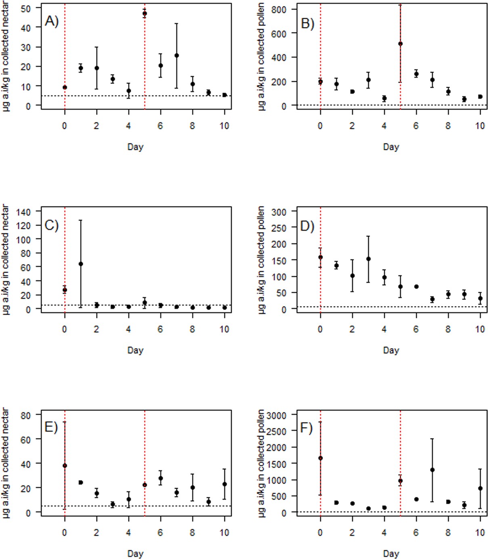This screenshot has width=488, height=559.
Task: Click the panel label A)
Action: click(x=52, y=21)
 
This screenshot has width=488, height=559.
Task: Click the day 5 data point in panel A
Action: click(x=145, y=13)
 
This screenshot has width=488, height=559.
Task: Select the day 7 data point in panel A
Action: click(x=176, y=56)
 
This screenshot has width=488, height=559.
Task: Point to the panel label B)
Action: click(x=307, y=23)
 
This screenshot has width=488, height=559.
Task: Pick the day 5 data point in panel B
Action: click(x=400, y=44)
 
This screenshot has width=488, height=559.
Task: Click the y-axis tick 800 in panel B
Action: click(x=279, y=9)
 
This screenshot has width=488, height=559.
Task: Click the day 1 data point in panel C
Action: click(x=81, y=264)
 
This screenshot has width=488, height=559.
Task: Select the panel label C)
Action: click(x=52, y=225)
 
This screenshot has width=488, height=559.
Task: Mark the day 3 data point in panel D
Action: click(x=368, y=259)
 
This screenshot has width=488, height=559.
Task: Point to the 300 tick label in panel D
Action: click(x=279, y=212)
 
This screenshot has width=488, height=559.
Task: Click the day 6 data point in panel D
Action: click(x=416, y=286)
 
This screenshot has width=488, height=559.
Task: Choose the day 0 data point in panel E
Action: click(x=65, y=465)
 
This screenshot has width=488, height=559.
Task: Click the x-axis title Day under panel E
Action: click(x=135, y=553)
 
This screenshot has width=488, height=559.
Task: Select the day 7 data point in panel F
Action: click(x=432, y=470)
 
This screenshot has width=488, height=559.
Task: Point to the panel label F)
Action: click(x=307, y=428)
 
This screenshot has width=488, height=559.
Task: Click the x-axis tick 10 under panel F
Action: click(x=480, y=532)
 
